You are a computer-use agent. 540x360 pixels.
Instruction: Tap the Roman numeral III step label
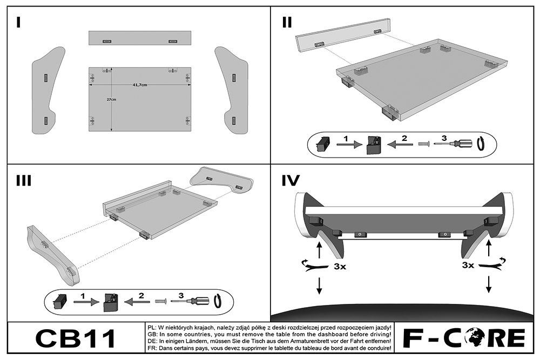[x=23, y=180]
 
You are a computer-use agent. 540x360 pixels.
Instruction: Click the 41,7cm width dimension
[x=140, y=85]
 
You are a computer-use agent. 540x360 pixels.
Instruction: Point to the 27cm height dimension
[x=111, y=100]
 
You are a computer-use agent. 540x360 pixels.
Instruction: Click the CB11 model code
[x=76, y=338]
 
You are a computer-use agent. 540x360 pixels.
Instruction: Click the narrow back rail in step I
[x=140, y=38]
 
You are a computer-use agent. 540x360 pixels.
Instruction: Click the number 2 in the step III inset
[x=142, y=296]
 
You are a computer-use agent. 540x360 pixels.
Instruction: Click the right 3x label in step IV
[x=468, y=266]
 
